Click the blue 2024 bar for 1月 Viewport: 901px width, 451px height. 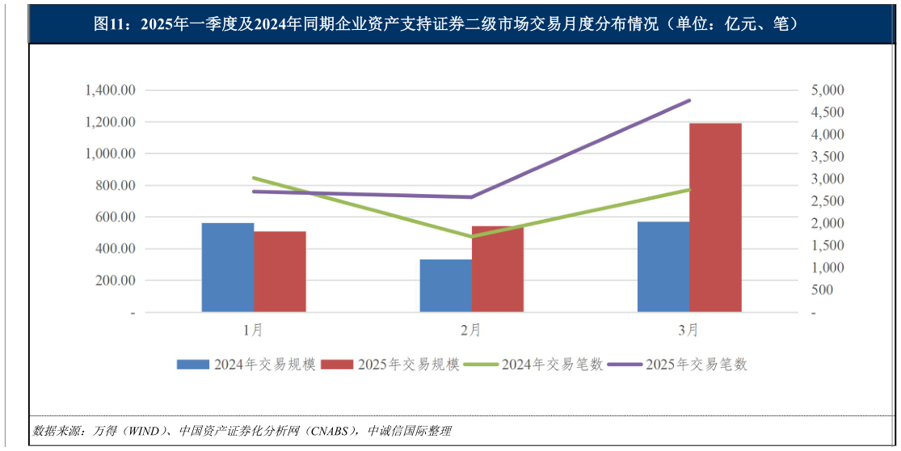tap(228, 268)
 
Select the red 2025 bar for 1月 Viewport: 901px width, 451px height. tap(280, 272)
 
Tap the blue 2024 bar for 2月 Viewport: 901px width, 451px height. tap(445, 285)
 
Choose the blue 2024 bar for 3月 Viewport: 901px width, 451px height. tap(663, 267)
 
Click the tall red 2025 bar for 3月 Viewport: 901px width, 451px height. tap(715, 217)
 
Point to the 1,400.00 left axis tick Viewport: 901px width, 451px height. tap(110, 91)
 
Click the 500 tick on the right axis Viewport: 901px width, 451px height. tap(821, 290)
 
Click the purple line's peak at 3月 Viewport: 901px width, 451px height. tap(689, 100)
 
